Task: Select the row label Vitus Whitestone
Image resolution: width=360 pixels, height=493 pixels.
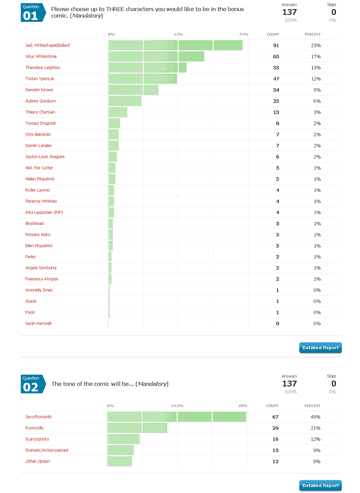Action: (x=41, y=56)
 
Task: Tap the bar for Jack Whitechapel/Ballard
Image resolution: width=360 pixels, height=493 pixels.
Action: (x=175, y=45)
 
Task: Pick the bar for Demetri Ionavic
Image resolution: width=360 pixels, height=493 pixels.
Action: (x=133, y=90)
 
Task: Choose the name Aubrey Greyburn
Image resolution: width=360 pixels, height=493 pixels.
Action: (x=41, y=101)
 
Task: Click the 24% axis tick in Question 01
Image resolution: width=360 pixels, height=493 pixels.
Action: (x=244, y=34)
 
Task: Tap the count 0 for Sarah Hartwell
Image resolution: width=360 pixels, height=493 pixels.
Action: (x=277, y=324)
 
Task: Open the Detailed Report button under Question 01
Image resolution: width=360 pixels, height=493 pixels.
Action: (x=320, y=348)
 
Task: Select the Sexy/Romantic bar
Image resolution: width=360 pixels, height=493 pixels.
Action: (x=177, y=417)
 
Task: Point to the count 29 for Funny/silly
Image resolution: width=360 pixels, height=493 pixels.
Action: (x=275, y=428)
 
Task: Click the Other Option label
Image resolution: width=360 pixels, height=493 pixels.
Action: (x=38, y=461)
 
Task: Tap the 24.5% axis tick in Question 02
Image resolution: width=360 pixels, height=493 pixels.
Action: (x=177, y=406)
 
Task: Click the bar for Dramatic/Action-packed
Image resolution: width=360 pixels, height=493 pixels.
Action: (x=121, y=450)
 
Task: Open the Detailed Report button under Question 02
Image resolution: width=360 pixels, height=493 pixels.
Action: (x=320, y=485)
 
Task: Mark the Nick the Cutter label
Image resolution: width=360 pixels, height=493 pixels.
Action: (x=39, y=168)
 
